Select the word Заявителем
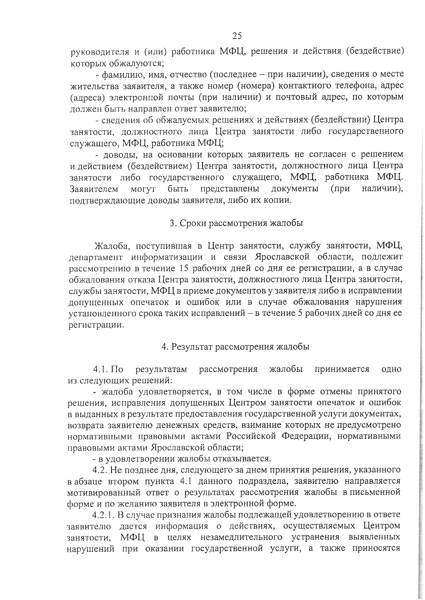click(94, 188)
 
